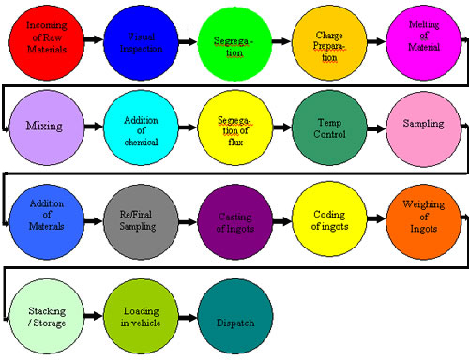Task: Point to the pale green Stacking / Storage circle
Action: pos(45,317)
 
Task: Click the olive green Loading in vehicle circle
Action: pos(140,317)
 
